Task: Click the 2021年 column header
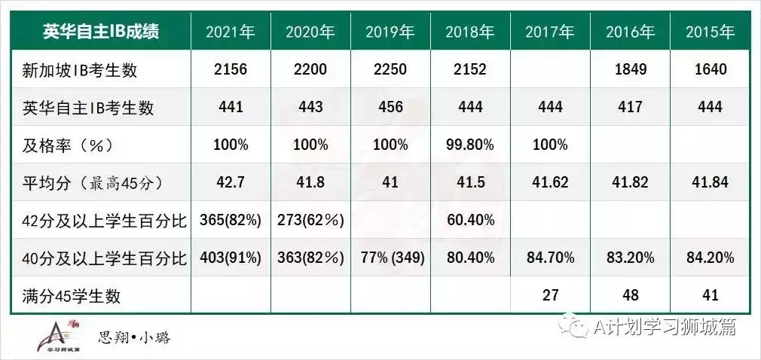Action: (231, 32)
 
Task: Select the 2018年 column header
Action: (469, 32)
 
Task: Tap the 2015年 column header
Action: (710, 32)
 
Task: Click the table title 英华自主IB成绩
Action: (101, 32)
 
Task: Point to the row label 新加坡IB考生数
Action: (81, 70)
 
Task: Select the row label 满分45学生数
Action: (72, 296)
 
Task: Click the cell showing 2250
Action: (390, 70)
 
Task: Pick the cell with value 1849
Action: (630, 70)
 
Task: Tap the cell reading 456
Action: (390, 108)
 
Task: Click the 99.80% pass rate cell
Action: (469, 145)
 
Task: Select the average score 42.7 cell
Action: (231, 182)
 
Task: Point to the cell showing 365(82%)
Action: (231, 220)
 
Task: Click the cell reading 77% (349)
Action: (391, 258)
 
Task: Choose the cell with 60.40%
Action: (469, 220)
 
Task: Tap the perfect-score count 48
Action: (630, 296)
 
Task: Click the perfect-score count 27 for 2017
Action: (550, 296)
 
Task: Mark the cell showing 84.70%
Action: (550, 258)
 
